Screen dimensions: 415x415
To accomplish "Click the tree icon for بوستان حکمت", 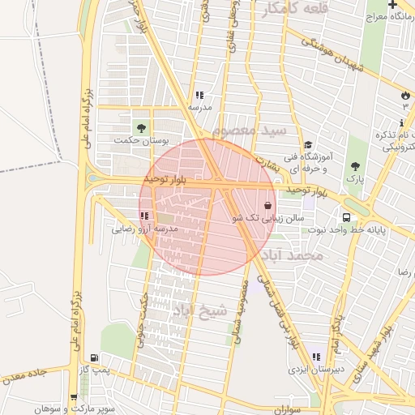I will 142,127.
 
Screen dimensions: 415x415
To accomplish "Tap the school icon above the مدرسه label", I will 199,95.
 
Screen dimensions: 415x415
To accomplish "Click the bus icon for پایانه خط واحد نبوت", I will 346,217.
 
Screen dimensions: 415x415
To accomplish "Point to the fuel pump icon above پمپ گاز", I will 96,357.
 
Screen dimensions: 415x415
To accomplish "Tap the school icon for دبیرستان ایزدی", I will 316,357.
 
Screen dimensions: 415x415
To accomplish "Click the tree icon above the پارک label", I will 353,165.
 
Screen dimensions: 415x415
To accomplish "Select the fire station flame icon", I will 404,95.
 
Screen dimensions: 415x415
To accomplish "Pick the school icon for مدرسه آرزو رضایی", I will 143,216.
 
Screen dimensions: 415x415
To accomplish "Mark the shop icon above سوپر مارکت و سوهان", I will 74,397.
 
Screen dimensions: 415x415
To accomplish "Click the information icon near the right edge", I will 403,122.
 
